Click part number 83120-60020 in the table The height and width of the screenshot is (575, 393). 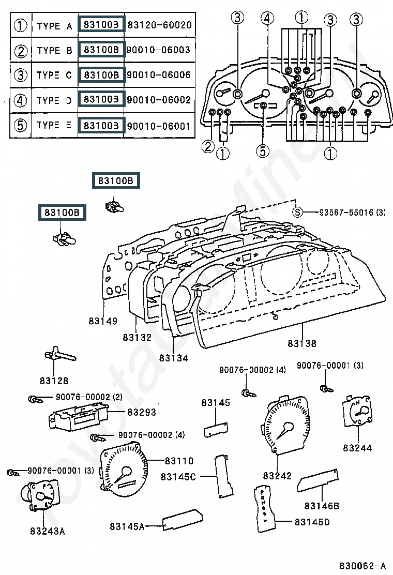coord(159,25)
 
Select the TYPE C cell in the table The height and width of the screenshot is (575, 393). coord(54,75)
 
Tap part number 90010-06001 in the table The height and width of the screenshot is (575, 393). coord(159,126)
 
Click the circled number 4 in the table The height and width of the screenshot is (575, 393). coord(21,100)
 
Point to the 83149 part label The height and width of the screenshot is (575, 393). coord(103,321)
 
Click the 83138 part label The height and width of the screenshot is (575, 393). coord(301,344)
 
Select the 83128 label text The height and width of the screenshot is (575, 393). coord(54,381)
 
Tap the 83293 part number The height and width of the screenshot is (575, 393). coord(142,412)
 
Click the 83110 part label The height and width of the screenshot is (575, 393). coord(179,461)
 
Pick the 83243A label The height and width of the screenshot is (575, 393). coord(47,531)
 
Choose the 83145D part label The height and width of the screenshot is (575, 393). coord(312,522)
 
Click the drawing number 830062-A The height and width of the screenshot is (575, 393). coord(362,566)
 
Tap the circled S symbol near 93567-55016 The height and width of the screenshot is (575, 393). coord(298,212)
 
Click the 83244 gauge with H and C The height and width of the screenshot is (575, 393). coord(357,411)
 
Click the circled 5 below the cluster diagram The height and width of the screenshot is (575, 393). coord(263,150)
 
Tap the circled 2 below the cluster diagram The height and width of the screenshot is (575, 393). coord(208,147)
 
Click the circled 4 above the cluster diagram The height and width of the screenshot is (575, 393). coord(267,18)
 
